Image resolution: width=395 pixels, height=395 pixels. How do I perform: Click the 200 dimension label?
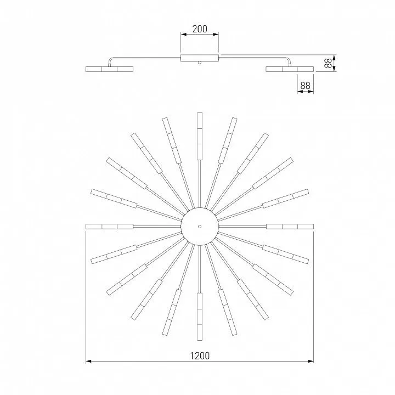tap(200, 29)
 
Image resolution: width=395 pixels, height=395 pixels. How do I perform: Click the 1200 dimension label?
tap(200, 356)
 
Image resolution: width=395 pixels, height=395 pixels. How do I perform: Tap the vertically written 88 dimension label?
tap(328, 63)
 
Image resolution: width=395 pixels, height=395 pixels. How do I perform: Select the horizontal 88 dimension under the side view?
tap(305, 86)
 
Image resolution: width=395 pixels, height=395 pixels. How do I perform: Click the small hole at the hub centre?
tap(200, 227)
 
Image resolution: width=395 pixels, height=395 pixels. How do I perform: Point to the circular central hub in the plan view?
tap(200, 227)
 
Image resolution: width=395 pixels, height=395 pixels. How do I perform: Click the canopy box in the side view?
tap(200, 58)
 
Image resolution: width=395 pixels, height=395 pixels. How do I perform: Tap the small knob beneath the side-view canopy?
tap(200, 63)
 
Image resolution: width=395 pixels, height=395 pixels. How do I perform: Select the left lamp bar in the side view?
tap(109, 69)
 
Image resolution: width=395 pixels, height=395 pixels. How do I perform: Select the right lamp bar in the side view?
tap(290, 69)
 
